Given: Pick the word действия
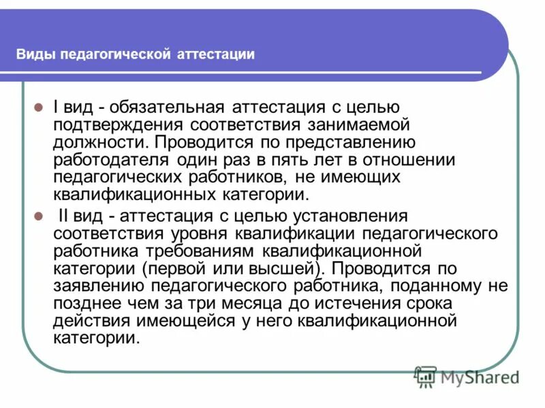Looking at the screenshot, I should tap(91, 321).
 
